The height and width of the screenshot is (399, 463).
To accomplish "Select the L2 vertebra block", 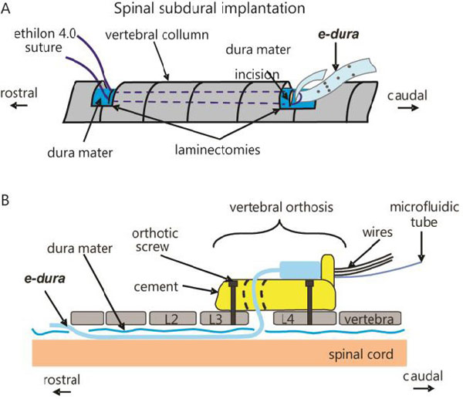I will pos(176,318).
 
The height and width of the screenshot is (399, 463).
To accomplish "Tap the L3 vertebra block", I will pos(214,318).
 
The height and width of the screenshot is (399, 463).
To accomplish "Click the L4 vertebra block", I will pos(286,318).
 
